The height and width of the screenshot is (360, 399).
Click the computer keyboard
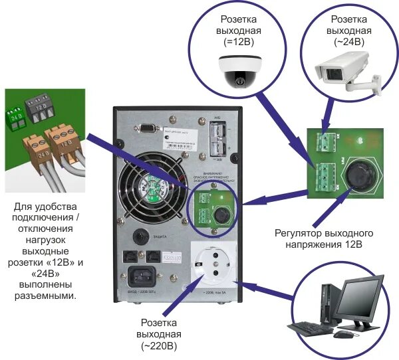pyautogui.click(x=311, y=327)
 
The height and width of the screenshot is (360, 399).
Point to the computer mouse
pyautogui.click(x=342, y=334)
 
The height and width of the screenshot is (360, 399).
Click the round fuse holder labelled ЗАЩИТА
pyautogui.click(x=140, y=236)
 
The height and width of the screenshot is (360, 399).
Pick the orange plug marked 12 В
pyautogui.click(x=64, y=140)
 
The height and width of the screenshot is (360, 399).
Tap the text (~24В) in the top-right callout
pyautogui.click(x=348, y=41)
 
